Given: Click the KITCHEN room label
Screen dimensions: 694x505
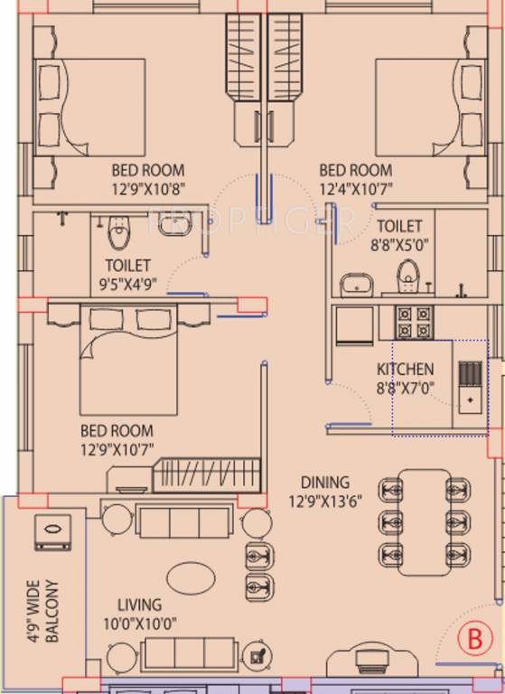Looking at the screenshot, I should (x=405, y=370).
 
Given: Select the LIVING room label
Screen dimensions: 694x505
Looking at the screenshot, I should (x=138, y=605).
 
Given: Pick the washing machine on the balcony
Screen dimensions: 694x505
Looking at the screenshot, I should (x=53, y=532).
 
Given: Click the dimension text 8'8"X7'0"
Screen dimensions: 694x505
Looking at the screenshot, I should (x=405, y=387).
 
